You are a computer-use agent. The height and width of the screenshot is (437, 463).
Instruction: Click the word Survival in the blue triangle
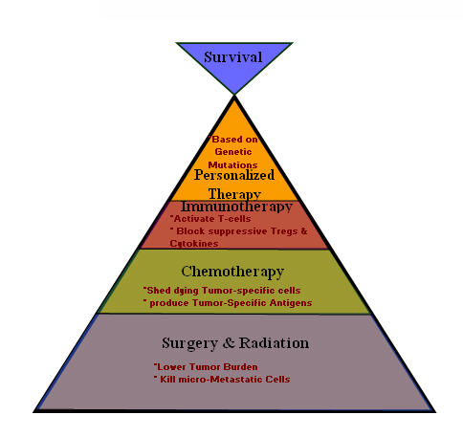(233, 56)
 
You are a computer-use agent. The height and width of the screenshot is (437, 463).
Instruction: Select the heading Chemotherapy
(233, 271)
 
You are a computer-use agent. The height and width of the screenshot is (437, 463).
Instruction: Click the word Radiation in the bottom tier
(275, 341)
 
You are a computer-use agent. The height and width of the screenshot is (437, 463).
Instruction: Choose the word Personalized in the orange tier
(234, 174)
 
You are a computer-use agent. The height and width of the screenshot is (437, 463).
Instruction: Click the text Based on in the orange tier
(234, 140)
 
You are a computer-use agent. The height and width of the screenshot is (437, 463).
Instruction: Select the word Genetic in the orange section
(234, 151)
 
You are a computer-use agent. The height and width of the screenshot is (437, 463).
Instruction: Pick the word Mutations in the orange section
(234, 163)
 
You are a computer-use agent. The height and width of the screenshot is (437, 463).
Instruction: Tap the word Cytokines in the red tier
(193, 243)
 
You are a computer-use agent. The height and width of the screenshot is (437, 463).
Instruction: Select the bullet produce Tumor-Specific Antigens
(230, 303)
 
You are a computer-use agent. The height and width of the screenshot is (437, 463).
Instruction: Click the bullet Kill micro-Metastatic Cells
(222, 380)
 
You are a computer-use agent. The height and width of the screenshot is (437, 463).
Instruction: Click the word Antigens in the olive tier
(287, 303)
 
